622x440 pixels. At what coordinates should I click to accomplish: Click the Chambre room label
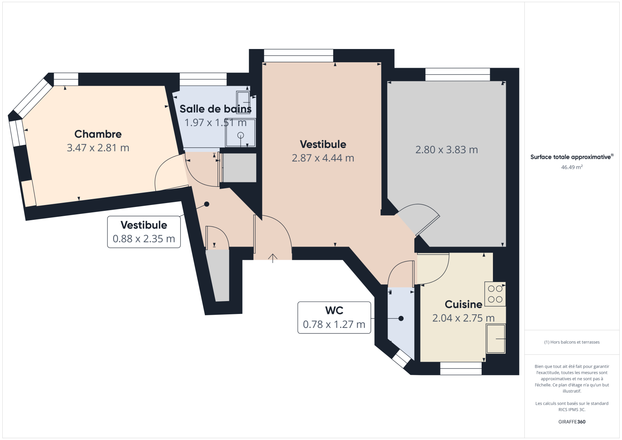pyautogui.click(x=98, y=134)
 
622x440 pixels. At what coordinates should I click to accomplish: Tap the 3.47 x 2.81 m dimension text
pyautogui.click(x=98, y=148)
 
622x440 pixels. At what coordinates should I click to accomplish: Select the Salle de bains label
pyautogui.click(x=215, y=109)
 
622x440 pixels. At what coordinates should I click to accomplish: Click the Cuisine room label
pyautogui.click(x=463, y=304)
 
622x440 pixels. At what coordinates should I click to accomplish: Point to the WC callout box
pyautogui.click(x=334, y=317)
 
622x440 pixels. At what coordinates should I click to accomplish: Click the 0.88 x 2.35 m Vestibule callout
pyautogui.click(x=144, y=232)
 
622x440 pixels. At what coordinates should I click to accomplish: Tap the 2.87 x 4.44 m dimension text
pyautogui.click(x=323, y=158)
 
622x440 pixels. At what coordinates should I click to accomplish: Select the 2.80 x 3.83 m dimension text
pyautogui.click(x=447, y=150)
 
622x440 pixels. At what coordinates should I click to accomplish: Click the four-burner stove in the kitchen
pyautogui.click(x=495, y=294)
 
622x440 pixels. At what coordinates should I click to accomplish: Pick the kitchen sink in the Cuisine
pyautogui.click(x=496, y=339)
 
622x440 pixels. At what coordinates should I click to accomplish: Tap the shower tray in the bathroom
pyautogui.click(x=241, y=133)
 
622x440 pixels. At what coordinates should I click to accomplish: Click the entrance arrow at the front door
pyautogui.click(x=273, y=258)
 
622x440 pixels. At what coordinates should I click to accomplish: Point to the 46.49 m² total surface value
pyautogui.click(x=572, y=167)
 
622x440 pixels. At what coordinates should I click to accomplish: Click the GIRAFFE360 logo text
pyautogui.click(x=572, y=422)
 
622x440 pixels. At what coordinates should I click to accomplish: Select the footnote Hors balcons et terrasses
pyautogui.click(x=572, y=342)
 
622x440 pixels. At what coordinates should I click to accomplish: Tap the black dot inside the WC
pyautogui.click(x=401, y=319)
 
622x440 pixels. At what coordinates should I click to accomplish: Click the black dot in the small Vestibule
pyautogui.click(x=206, y=204)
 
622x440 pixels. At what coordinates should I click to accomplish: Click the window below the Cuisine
pyautogui.click(x=461, y=368)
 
